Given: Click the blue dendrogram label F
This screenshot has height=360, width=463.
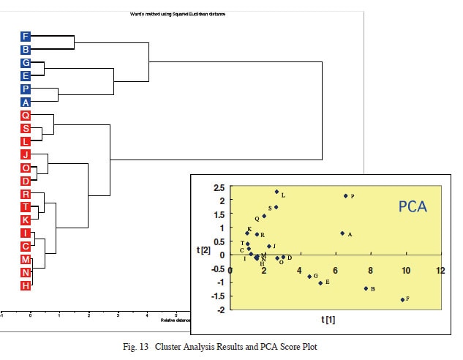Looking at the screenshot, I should point(26,36).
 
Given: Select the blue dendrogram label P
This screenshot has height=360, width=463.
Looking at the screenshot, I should point(26,89).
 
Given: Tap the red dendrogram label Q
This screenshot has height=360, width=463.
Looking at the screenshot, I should point(26,116).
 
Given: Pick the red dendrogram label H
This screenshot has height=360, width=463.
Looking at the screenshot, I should point(26,285).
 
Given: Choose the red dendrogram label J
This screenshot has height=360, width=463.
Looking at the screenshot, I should point(26,154).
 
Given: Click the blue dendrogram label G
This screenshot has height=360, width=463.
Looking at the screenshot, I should point(26,63).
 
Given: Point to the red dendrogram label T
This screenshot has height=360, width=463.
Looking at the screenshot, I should point(26,207).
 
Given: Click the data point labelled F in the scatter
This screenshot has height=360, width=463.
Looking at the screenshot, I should point(402,299).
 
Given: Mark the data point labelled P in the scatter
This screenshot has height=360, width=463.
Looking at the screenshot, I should point(345,196).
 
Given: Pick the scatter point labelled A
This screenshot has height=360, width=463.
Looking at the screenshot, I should point(342,233).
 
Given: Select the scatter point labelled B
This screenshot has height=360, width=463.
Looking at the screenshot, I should point(366,288).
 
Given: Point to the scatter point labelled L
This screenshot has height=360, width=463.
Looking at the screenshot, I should point(276,192).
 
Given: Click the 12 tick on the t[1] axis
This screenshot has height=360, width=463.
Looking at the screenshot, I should point(440,271).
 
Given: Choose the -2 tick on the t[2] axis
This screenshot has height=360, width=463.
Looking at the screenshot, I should point(220,310).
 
